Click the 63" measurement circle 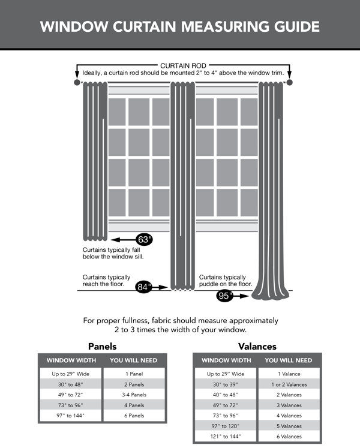145,239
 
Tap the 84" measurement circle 143,287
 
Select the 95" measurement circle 225,295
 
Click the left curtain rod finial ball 76,82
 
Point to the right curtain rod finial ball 289,82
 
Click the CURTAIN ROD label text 182,65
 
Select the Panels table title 102,347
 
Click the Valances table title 257,347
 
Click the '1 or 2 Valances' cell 289,384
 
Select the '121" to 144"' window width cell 226,437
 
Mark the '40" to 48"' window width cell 226,395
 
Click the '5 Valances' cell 289,426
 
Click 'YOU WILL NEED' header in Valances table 289,360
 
